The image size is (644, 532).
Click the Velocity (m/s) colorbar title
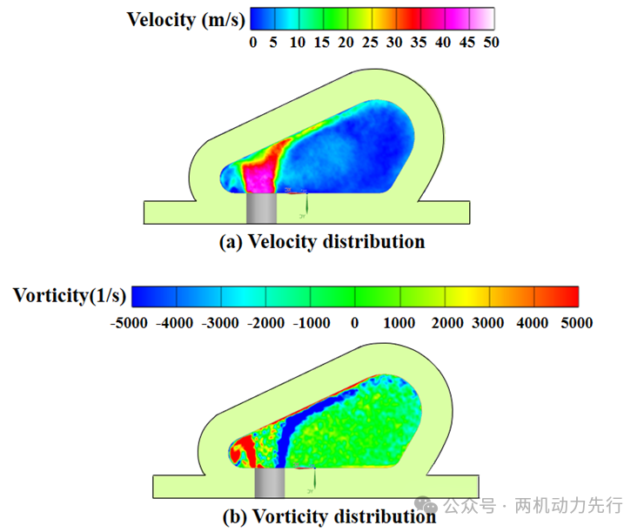coord(186,19)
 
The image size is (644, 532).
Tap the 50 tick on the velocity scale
coord(490,42)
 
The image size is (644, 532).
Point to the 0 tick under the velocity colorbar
coord(253,42)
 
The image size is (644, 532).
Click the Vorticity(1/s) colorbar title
coord(70,295)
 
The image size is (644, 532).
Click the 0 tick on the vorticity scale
coord(354,323)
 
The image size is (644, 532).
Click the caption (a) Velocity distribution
coord(322,241)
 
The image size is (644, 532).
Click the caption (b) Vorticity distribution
coord(329,516)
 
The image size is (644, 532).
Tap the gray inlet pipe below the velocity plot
coord(261,209)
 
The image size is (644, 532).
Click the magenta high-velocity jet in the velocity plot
coord(259,178)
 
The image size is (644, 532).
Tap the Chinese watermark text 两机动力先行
coord(570,505)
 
